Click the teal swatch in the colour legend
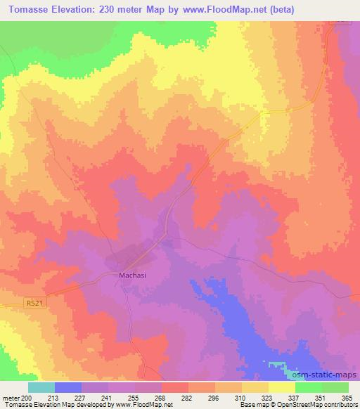tap(41, 387)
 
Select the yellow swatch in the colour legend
tap(281, 387)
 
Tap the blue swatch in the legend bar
tap(68, 387)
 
